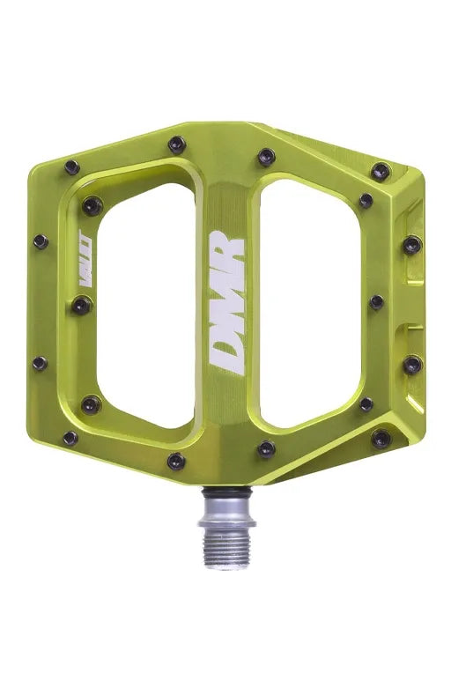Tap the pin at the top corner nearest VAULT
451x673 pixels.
(x=72, y=166)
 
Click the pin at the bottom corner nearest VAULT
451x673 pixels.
(x=70, y=438)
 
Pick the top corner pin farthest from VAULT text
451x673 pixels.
(x=381, y=171)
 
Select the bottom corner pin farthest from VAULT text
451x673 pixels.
(x=381, y=438)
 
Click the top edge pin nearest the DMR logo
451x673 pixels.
(x=266, y=158)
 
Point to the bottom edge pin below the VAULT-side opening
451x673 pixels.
(x=177, y=461)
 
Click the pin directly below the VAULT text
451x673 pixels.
(x=80, y=306)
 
